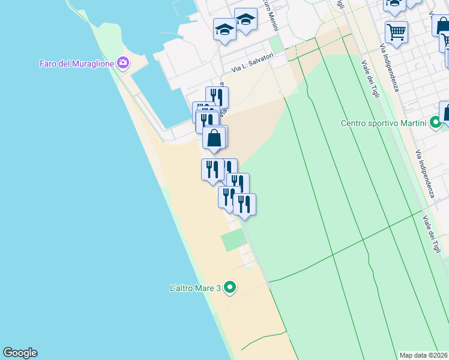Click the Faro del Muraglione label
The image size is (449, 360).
pyautogui.click(x=77, y=63)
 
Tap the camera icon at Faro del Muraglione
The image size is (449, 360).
pyautogui.click(x=124, y=63)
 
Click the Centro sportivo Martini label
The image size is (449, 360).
pyautogui.click(x=384, y=124)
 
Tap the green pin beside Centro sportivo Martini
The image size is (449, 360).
pyautogui.click(x=436, y=124)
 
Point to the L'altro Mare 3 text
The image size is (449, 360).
pyautogui.click(x=196, y=288)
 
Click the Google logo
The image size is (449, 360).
pyautogui.click(x=20, y=353)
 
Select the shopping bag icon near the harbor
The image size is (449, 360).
pyautogui.click(x=214, y=138)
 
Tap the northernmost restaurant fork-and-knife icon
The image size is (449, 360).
pyautogui.click(x=217, y=97)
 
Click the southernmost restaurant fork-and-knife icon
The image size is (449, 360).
pyautogui.click(x=244, y=205)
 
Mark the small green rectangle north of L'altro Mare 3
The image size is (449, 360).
pyautogui.click(x=234, y=241)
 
